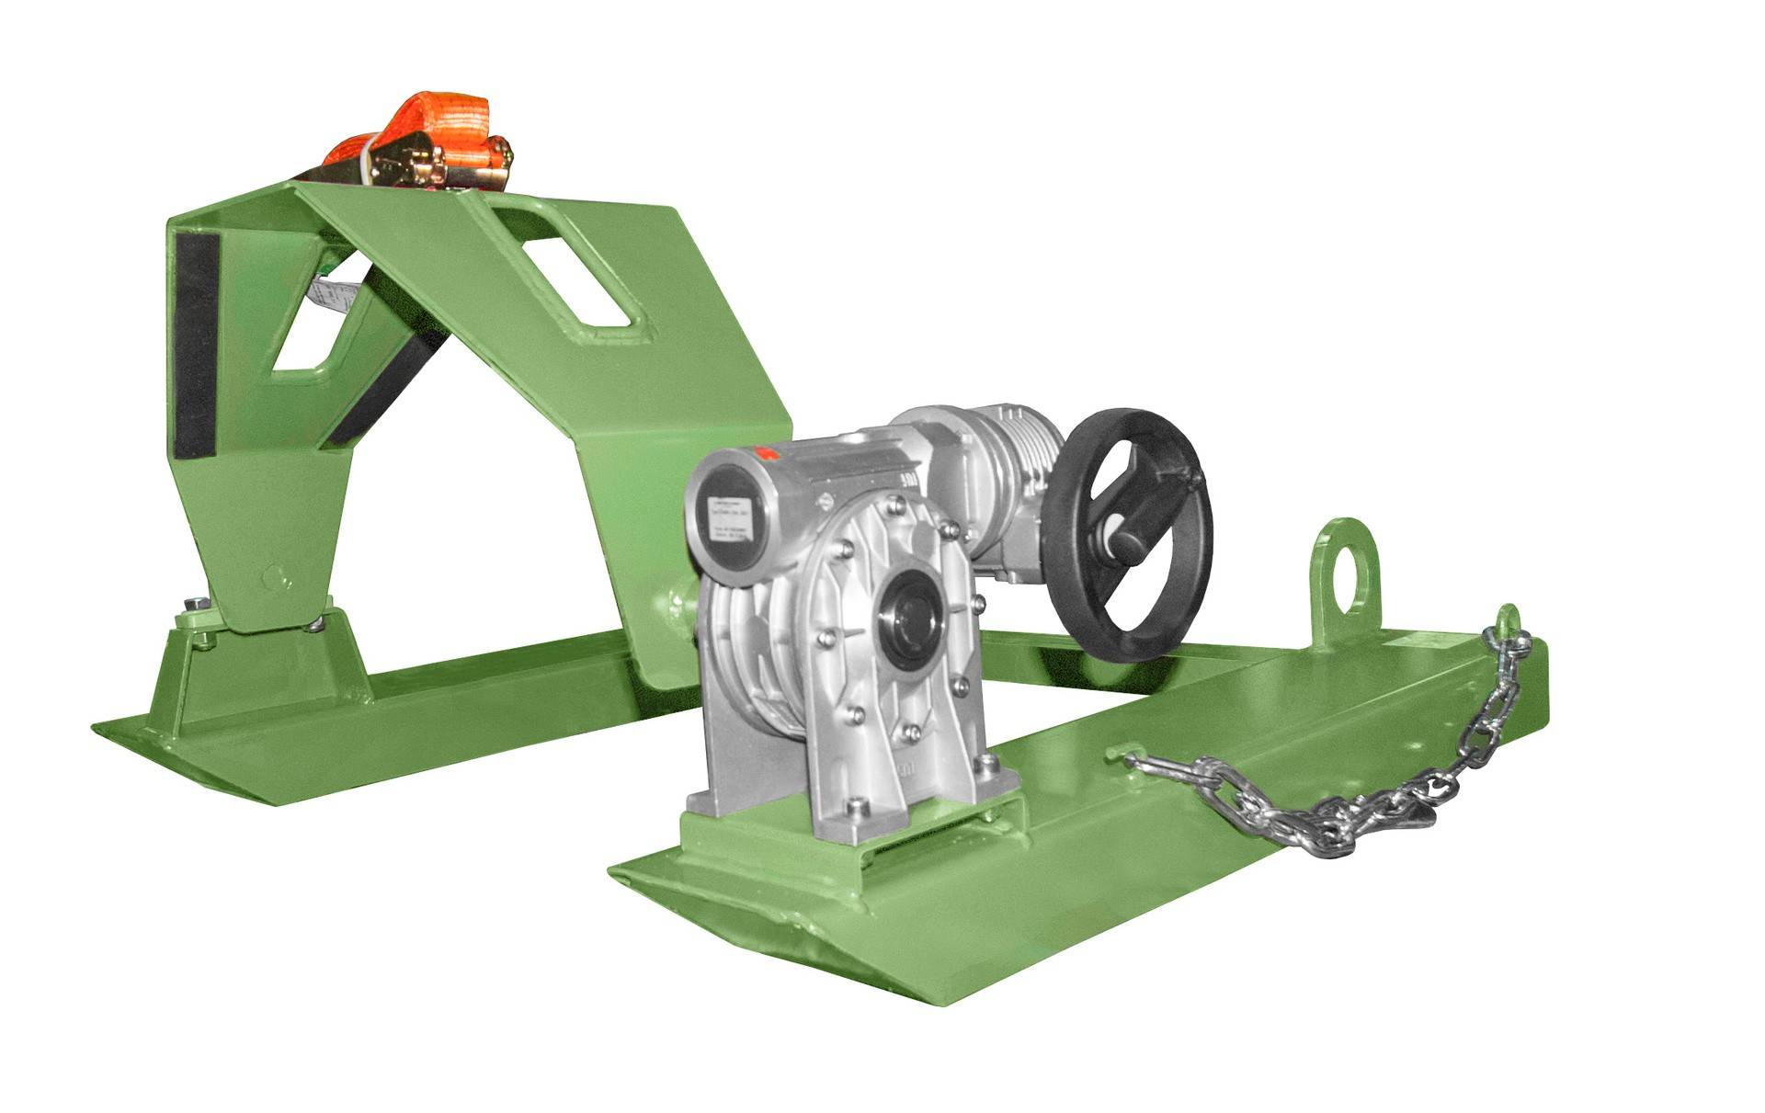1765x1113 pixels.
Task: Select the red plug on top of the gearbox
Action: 763,453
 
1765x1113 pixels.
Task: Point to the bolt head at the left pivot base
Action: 196,604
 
